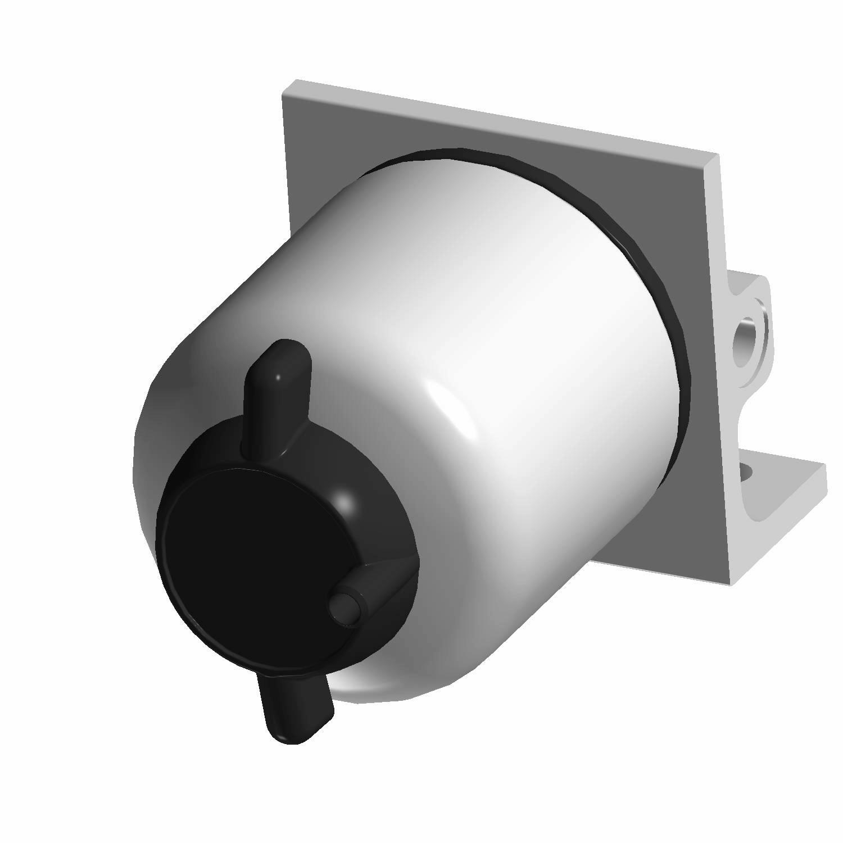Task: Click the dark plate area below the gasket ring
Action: (x=674, y=506)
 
